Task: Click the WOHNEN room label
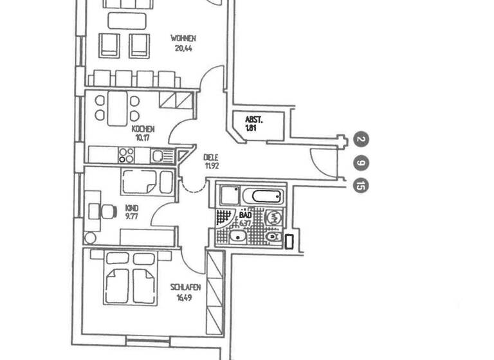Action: [183, 38]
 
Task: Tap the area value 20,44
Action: [183, 48]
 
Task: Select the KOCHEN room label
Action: [143, 129]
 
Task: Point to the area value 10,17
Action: [143, 137]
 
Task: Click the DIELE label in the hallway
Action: [210, 157]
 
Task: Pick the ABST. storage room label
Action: [255, 120]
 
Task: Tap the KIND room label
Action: [132, 208]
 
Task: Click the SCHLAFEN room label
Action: [183, 288]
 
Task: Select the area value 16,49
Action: [183, 297]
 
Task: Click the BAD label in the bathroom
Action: [245, 215]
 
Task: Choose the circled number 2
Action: [361, 139]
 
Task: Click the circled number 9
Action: [361, 163]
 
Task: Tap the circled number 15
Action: [361, 186]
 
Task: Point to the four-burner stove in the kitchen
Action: [125, 155]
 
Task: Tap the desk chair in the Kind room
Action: [96, 209]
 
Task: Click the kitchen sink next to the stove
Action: [158, 155]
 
